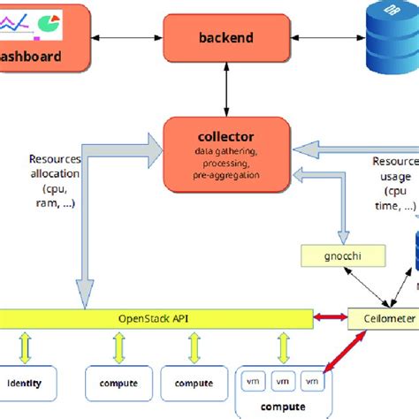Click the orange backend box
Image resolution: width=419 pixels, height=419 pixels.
(x=225, y=37)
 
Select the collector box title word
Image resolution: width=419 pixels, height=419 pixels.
(x=225, y=136)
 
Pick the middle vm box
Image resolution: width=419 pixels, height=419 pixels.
(x=283, y=381)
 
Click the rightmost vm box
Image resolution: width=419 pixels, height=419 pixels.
(x=313, y=381)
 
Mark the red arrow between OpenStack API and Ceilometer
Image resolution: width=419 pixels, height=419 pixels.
(x=332, y=316)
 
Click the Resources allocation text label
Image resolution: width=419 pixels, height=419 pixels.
(x=55, y=181)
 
